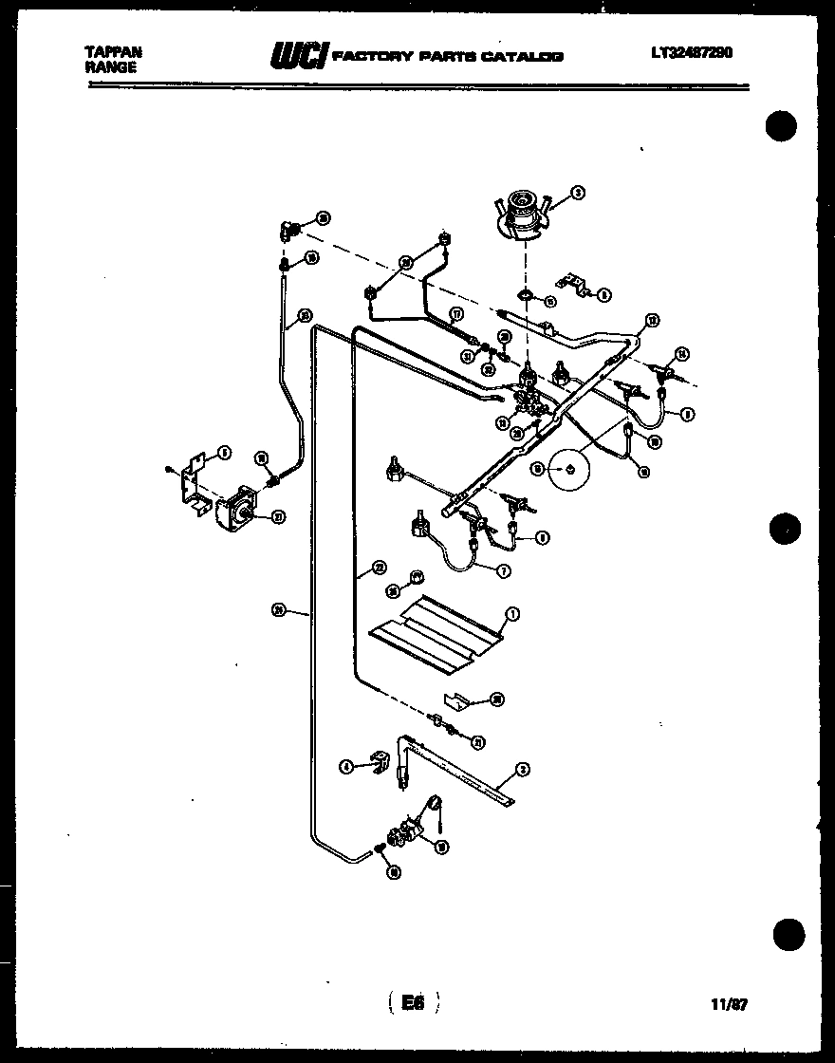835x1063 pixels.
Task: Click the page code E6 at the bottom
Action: (412, 1002)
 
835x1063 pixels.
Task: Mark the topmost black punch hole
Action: (780, 126)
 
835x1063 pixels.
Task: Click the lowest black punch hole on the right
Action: (788, 935)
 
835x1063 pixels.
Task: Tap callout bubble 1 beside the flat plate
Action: (511, 614)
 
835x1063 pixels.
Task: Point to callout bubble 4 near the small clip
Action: (347, 766)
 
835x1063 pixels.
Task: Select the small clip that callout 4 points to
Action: (381, 760)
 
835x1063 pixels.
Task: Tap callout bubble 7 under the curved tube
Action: (502, 570)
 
